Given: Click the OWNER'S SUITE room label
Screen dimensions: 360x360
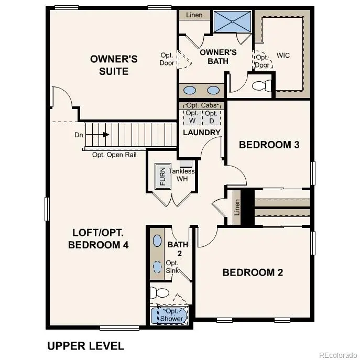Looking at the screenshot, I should point(114,64).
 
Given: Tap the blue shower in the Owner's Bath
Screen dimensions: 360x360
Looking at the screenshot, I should point(233,21).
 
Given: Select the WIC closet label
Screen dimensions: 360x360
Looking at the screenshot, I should point(283,55).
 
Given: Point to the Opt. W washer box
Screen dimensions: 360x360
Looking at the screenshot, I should point(192,117).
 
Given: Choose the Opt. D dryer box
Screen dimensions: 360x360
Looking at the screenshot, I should point(211,117).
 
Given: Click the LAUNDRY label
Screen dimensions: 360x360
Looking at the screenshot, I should point(202,133).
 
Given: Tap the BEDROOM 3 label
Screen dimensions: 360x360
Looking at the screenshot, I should point(269,145).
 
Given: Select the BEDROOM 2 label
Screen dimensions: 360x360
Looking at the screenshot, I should point(253,272).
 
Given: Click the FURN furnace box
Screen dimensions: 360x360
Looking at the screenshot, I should point(162,177).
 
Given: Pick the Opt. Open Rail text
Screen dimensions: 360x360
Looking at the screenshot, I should point(114,155).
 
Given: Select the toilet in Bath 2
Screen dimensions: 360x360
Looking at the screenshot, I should point(159,292).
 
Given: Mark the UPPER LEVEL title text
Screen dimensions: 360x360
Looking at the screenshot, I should point(85,346).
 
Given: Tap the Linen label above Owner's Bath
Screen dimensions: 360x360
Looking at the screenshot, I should point(194,15).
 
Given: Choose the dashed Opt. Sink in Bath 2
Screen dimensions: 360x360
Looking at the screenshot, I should point(158,266).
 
